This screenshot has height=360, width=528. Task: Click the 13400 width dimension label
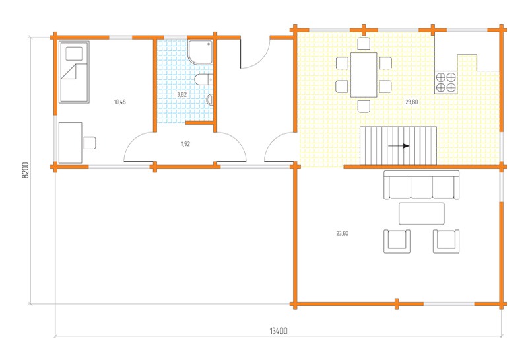pyautogui.click(x=279, y=331)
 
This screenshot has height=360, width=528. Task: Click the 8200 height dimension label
pyautogui.click(x=26, y=170)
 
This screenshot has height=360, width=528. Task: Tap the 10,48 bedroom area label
pyautogui.click(x=120, y=102)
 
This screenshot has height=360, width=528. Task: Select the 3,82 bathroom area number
pyautogui.click(x=182, y=94)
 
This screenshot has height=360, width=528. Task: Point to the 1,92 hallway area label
pyautogui.click(x=185, y=144)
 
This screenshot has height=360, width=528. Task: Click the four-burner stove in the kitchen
pyautogui.click(x=446, y=83)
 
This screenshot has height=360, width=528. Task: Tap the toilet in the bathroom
pyautogui.click(x=204, y=79)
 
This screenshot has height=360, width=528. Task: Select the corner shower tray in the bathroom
pyautogui.click(x=201, y=52)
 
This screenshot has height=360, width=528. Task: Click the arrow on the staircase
pyautogui.click(x=399, y=146)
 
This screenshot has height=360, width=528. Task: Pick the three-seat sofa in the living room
pyautogui.click(x=422, y=185)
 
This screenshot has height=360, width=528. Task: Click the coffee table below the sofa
pyautogui.click(x=422, y=213)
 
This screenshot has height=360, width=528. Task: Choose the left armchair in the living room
pyautogui.click(x=397, y=241)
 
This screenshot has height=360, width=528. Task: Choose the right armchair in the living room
pyautogui.click(x=446, y=241)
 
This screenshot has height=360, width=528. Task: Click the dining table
pyautogui.click(x=364, y=75)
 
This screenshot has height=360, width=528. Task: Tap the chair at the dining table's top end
pyautogui.click(x=364, y=44)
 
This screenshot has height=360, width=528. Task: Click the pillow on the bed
pyautogui.click(x=74, y=54)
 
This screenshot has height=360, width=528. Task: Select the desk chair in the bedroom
pyautogui.click(x=90, y=143)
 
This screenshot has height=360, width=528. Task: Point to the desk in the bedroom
pyautogui.click(x=71, y=143)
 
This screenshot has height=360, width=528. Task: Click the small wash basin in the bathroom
pyautogui.click(x=209, y=100)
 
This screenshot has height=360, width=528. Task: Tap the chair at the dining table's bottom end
pyautogui.click(x=364, y=106)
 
